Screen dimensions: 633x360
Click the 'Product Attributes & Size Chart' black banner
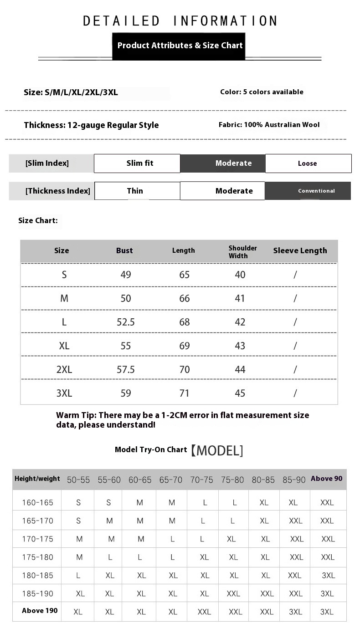[x=180, y=46]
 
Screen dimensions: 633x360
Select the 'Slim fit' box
[x=137, y=163]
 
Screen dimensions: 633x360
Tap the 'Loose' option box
[x=308, y=163]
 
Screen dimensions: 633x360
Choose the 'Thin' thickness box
[x=137, y=191]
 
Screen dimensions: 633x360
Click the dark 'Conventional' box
[x=308, y=191]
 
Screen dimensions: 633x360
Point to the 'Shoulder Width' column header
[x=242, y=252]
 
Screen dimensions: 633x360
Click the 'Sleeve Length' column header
[x=300, y=250]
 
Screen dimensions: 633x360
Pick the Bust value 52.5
[x=126, y=322]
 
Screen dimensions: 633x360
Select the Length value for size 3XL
[x=184, y=393]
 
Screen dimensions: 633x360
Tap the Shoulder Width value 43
[x=240, y=346]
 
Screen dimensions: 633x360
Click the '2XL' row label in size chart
[x=64, y=369]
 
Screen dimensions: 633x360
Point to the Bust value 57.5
[x=126, y=369]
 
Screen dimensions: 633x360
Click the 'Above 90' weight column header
[x=326, y=479]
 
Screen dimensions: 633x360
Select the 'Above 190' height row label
[x=40, y=611]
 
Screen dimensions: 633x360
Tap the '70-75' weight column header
[x=201, y=480]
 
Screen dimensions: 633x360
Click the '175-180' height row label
[x=38, y=557]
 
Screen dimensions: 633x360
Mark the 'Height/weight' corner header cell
[x=37, y=479]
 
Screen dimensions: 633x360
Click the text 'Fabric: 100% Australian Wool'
[x=269, y=125]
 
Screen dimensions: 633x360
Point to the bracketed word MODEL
[x=216, y=451]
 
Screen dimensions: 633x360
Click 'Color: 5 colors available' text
[x=262, y=92]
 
